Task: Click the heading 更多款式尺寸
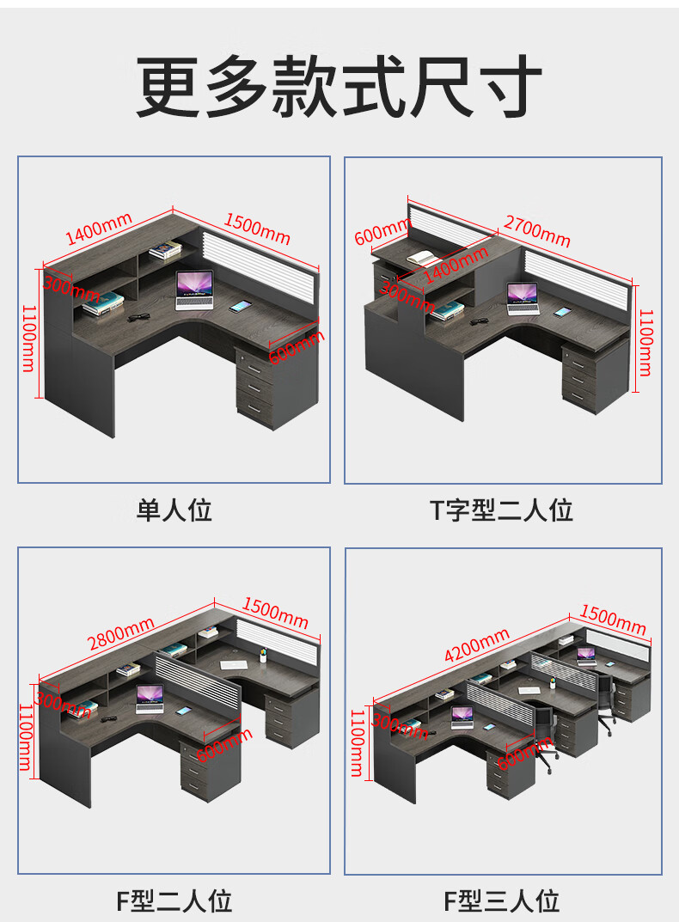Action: click(x=339, y=87)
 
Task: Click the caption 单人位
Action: click(x=174, y=510)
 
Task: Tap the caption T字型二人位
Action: click(x=501, y=510)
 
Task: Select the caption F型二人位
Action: click(x=174, y=901)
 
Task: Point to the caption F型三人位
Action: click(x=501, y=901)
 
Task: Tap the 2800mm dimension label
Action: click(x=121, y=634)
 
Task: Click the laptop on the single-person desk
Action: click(x=194, y=290)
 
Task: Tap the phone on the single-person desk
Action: click(x=240, y=305)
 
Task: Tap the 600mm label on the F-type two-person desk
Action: click(x=224, y=744)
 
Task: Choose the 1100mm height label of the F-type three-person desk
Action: click(x=357, y=742)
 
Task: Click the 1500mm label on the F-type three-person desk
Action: click(x=613, y=619)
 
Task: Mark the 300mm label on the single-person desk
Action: click(x=68, y=290)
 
